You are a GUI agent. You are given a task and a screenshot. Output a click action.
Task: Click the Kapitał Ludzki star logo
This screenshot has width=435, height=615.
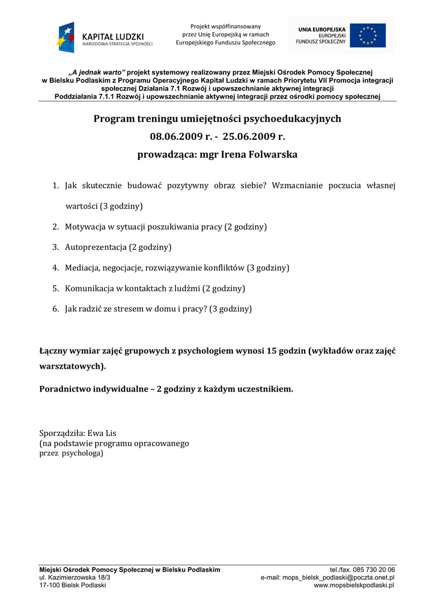(x=66, y=37)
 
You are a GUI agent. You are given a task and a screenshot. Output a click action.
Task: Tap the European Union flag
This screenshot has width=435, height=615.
(x=368, y=35)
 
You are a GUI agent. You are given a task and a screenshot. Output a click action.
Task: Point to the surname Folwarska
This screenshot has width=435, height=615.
(x=270, y=154)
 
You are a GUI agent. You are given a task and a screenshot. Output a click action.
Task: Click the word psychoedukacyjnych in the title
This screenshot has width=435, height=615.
(x=284, y=118)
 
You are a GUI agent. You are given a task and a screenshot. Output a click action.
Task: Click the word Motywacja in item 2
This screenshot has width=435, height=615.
(x=85, y=226)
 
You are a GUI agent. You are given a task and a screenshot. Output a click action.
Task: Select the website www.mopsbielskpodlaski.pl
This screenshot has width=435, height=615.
(x=354, y=585)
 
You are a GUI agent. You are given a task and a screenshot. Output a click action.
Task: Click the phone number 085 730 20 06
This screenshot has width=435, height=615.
(x=373, y=569)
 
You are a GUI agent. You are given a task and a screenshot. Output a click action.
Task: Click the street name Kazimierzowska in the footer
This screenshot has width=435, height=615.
(x=70, y=577)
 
